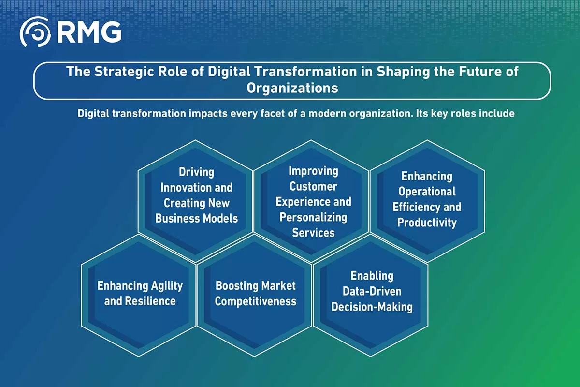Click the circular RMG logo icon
click(35, 32)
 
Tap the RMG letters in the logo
click(89, 32)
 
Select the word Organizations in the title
click(292, 89)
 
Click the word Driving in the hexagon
click(197, 172)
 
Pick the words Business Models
click(197, 218)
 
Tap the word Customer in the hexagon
click(313, 186)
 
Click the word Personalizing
click(313, 218)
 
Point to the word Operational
click(427, 192)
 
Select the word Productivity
click(427, 223)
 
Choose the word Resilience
click(150, 301)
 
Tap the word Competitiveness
click(256, 301)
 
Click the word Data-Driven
click(372, 291)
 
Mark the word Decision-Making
click(372, 307)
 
